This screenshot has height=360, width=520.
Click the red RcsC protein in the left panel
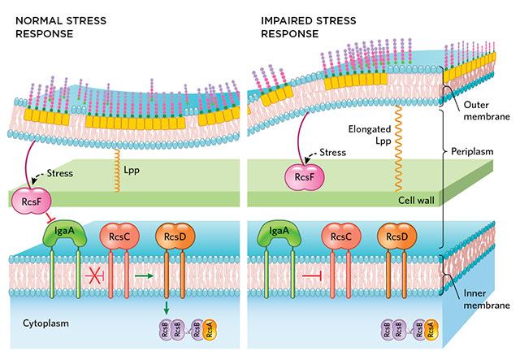click(x=115, y=236)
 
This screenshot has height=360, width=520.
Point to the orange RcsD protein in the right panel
click(x=393, y=236)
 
